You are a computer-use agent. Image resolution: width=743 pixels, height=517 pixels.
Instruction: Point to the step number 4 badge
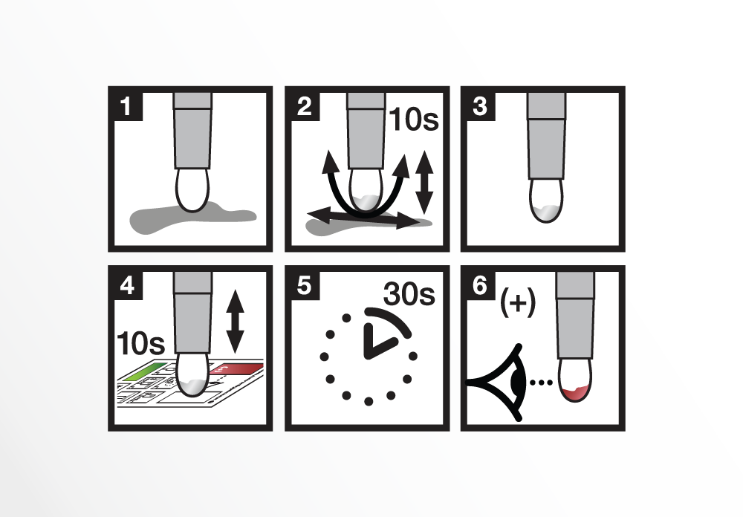tap(128, 286)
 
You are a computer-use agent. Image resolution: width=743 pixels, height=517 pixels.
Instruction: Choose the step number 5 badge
tap(305, 286)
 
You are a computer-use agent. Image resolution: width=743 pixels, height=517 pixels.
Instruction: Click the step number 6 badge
tap(481, 286)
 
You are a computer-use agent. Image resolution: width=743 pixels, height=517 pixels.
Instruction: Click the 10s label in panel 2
tap(414, 119)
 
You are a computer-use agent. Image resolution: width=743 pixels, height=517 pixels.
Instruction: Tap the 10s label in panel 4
tap(140, 343)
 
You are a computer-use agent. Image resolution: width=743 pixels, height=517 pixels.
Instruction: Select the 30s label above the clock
tap(409, 294)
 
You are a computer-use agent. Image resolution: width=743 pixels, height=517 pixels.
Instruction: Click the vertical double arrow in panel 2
tap(424, 183)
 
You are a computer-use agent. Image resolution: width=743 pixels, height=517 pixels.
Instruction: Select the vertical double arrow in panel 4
tap(235, 322)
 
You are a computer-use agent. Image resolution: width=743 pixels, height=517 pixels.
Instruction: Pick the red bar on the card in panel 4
tap(237, 368)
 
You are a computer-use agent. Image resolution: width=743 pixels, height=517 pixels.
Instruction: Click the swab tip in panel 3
tap(546, 201)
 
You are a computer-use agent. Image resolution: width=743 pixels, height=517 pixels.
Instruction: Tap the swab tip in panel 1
tap(192, 190)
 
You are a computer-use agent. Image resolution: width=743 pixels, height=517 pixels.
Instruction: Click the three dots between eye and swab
tap(541, 382)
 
